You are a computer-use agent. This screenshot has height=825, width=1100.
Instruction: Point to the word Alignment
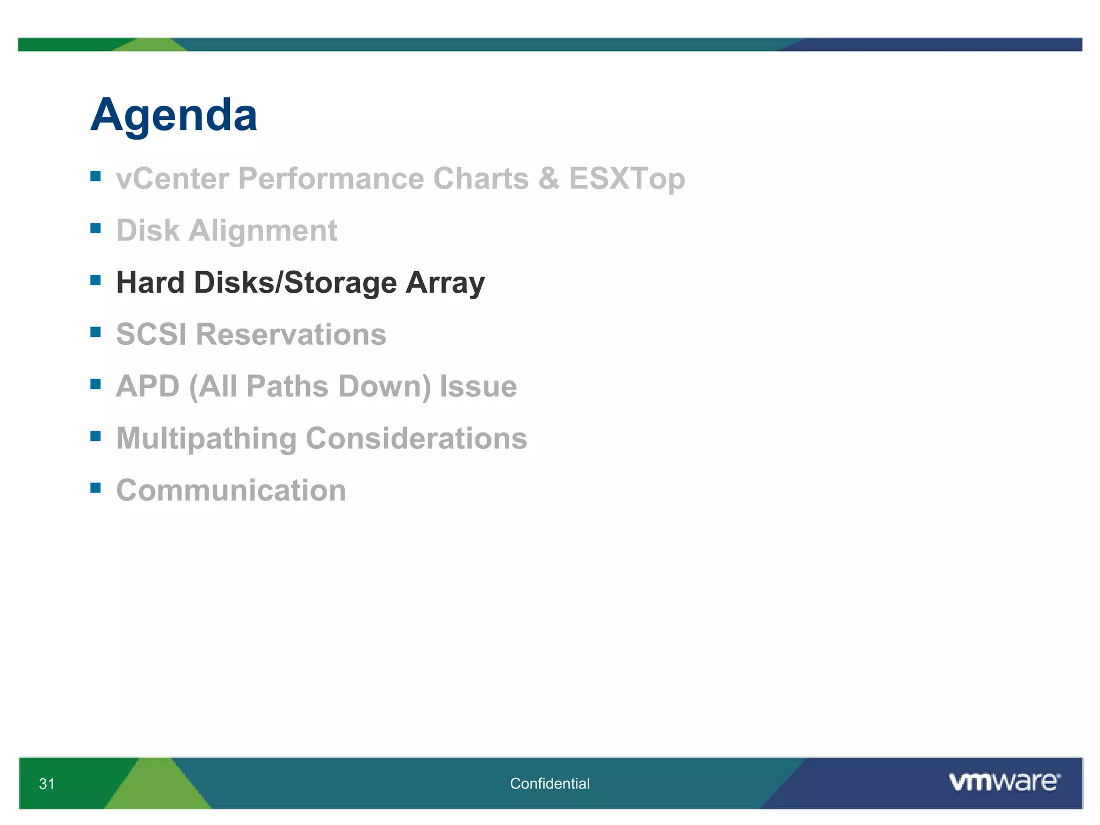pos(263,230)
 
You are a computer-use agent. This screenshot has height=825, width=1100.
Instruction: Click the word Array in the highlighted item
pos(445,283)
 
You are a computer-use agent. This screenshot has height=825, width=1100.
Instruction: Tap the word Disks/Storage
pos(295,283)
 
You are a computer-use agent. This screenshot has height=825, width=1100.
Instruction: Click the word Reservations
pos(291,334)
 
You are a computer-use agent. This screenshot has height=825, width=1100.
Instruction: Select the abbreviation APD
pos(148,386)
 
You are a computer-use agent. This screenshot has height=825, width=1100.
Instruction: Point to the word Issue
pos(478,386)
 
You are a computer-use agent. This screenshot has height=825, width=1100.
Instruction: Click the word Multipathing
pos(206,438)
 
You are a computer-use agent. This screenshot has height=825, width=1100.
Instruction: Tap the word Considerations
pos(416,438)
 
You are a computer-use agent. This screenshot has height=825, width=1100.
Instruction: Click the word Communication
pos(231,490)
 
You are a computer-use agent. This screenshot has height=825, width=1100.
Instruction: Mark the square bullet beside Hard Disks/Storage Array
pos(96,280)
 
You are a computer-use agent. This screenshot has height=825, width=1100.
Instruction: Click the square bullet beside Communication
pos(96,488)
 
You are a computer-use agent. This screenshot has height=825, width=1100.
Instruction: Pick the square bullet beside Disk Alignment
pos(96,228)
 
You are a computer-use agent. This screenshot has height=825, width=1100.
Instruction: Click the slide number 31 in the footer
pos(47,784)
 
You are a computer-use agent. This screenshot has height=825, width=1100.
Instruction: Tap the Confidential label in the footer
pos(549,784)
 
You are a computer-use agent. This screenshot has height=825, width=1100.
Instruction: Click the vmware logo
pos(1004,781)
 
